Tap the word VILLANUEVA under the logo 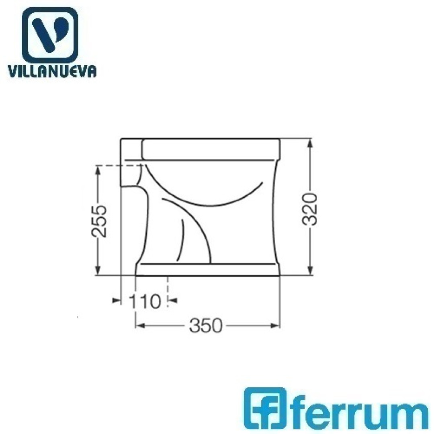coord(52,72)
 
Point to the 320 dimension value coord(310,209)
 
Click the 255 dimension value coord(99,221)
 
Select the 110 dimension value coord(145,301)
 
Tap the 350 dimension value coord(206,325)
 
